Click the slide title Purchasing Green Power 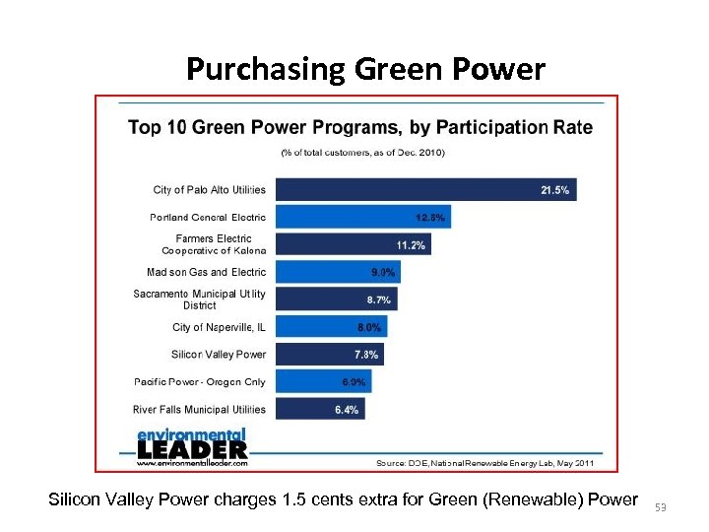[364, 69]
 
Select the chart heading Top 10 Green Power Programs [360, 127]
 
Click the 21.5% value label [554, 190]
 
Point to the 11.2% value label [411, 245]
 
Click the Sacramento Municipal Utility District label [200, 299]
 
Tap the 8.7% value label [378, 299]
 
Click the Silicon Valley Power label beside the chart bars [219, 354]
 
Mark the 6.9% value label [354, 381]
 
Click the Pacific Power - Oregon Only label [200, 381]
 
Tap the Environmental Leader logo [191, 446]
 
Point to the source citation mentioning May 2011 [485, 462]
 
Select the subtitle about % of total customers [362, 153]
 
